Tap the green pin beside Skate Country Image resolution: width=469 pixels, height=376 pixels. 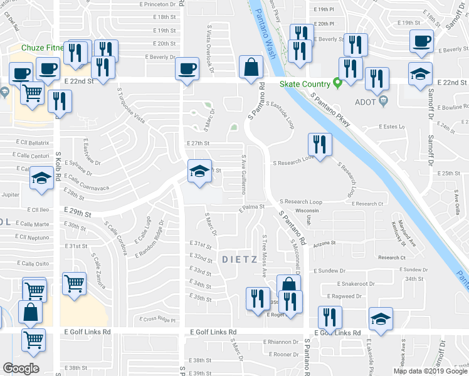337,82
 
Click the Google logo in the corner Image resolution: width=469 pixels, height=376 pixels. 21,368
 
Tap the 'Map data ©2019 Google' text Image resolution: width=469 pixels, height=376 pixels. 430,371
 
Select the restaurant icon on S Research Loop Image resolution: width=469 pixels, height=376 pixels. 320,146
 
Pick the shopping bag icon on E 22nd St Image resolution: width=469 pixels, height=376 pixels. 251,68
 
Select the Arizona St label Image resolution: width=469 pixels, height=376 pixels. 325,243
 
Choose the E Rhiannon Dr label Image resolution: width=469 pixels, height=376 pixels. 282,342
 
